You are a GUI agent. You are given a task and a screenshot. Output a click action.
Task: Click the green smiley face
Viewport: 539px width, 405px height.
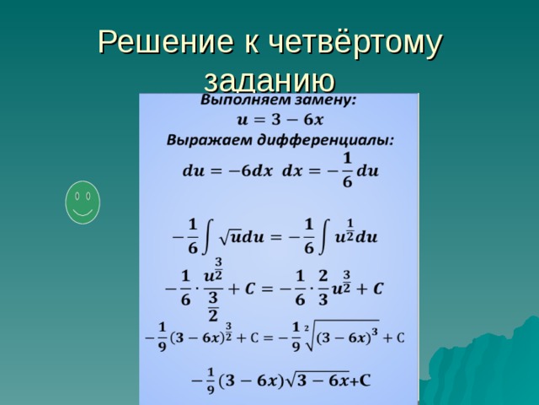83,202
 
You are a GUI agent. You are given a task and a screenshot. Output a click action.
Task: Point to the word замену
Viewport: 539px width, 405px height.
323,100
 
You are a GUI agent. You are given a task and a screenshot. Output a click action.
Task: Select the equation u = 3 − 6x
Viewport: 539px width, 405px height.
279,118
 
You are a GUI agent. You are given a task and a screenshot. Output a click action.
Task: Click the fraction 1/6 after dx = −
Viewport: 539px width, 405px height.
345,170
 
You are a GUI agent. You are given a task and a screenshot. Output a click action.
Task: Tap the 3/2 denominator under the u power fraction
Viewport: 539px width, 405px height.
213,307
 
